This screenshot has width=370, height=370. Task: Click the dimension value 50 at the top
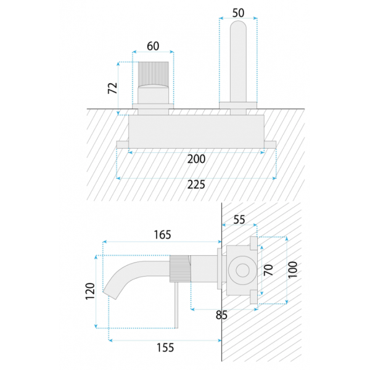click(x=238, y=13)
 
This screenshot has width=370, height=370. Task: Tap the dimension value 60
click(x=153, y=46)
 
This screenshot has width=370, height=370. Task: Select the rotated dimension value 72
click(x=113, y=88)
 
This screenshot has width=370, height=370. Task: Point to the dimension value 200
click(x=196, y=159)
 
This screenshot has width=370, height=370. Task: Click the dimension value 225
click(x=196, y=184)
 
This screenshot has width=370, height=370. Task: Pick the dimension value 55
click(x=239, y=220)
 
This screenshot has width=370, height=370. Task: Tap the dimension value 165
click(x=162, y=235)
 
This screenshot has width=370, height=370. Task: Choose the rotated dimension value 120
click(x=90, y=291)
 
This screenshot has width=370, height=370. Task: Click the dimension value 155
click(x=165, y=348)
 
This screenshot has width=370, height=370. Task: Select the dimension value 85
click(x=221, y=315)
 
